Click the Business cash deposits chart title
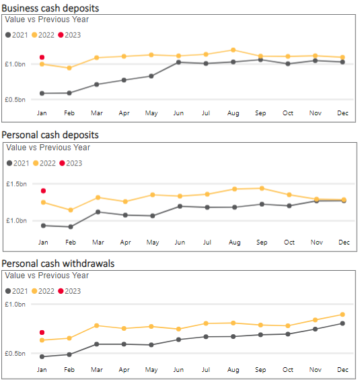tap(50, 8)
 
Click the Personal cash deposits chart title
tap(50, 135)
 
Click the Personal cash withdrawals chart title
tap(58, 263)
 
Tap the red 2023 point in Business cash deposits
tap(42, 57)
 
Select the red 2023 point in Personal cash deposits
tap(43, 191)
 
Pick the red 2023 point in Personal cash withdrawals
tap(42, 332)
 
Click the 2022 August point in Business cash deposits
tap(233, 50)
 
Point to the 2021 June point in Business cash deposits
tap(178, 62)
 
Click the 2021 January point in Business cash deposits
tap(42, 93)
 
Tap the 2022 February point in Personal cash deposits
tap(70, 210)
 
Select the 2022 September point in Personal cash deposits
tap(261, 188)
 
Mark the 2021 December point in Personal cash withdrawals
tap(343, 323)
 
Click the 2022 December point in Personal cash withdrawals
tap(343, 315)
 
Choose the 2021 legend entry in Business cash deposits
tap(17, 34)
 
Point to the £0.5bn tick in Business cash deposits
tap(15, 99)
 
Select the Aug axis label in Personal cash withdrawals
tap(233, 371)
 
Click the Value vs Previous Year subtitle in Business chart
tap(46, 20)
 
